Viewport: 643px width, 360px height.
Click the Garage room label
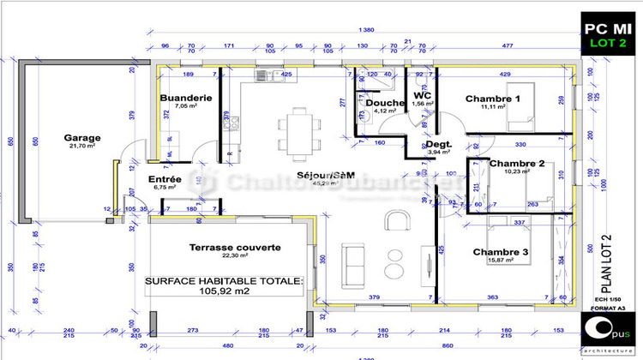pyautogui.click(x=82, y=137)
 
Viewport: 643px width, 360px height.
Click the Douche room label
pyautogui.click(x=380, y=103)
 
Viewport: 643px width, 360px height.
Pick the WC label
pyautogui.click(x=422, y=96)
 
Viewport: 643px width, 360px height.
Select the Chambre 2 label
pyautogui.click(x=517, y=163)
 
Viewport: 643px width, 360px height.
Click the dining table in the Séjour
pyautogui.click(x=297, y=129)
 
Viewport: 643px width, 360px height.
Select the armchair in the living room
pyautogui.click(x=396, y=221)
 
